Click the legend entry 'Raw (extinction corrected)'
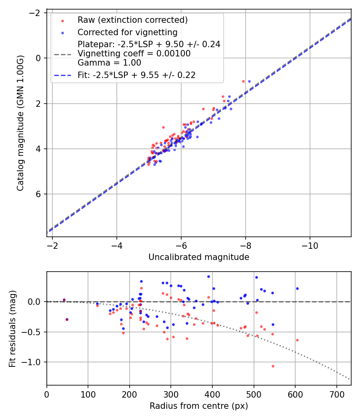pos(132,20)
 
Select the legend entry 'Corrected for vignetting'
pos(127,32)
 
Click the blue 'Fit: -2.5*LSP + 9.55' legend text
pos(136,75)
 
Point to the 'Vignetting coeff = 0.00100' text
pos(134,53)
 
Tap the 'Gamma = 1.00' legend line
pos(109,63)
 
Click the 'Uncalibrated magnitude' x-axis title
pos(199,257)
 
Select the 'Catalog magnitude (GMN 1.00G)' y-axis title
pos(20,123)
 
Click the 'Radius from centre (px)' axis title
pos(199,406)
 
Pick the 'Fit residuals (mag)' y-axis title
pos(12,328)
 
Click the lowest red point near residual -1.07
pos(273,366)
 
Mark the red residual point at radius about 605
pos(297,340)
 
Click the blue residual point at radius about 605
pos(297,288)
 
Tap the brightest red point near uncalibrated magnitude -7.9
pos(243,81)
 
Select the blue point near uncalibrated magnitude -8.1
pos(249,81)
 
